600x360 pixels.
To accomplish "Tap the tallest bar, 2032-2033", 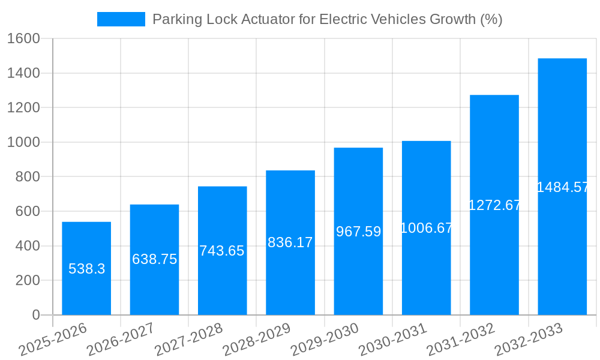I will pos(562,240).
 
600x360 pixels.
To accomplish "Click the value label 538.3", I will pos(86,269).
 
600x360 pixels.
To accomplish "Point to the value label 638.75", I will pos(154,259).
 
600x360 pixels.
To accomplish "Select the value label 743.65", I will pos(222,251).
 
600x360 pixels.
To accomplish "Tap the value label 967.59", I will pos(358,232).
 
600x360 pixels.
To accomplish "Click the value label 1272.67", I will pos(494,205).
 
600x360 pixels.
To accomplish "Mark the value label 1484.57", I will pos(562,187).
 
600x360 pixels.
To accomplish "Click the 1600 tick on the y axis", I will pos(23,39).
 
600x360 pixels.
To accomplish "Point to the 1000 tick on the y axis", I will pos(23,142).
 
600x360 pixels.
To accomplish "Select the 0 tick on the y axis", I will pos(36,315).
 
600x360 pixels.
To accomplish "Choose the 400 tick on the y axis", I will pos(28,246).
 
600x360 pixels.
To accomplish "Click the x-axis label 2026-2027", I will pos(121,340).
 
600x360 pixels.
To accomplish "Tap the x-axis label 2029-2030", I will pos(325,340).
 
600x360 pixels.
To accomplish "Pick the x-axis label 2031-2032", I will pos(461,340).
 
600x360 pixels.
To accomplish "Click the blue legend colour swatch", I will pos(121,19).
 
